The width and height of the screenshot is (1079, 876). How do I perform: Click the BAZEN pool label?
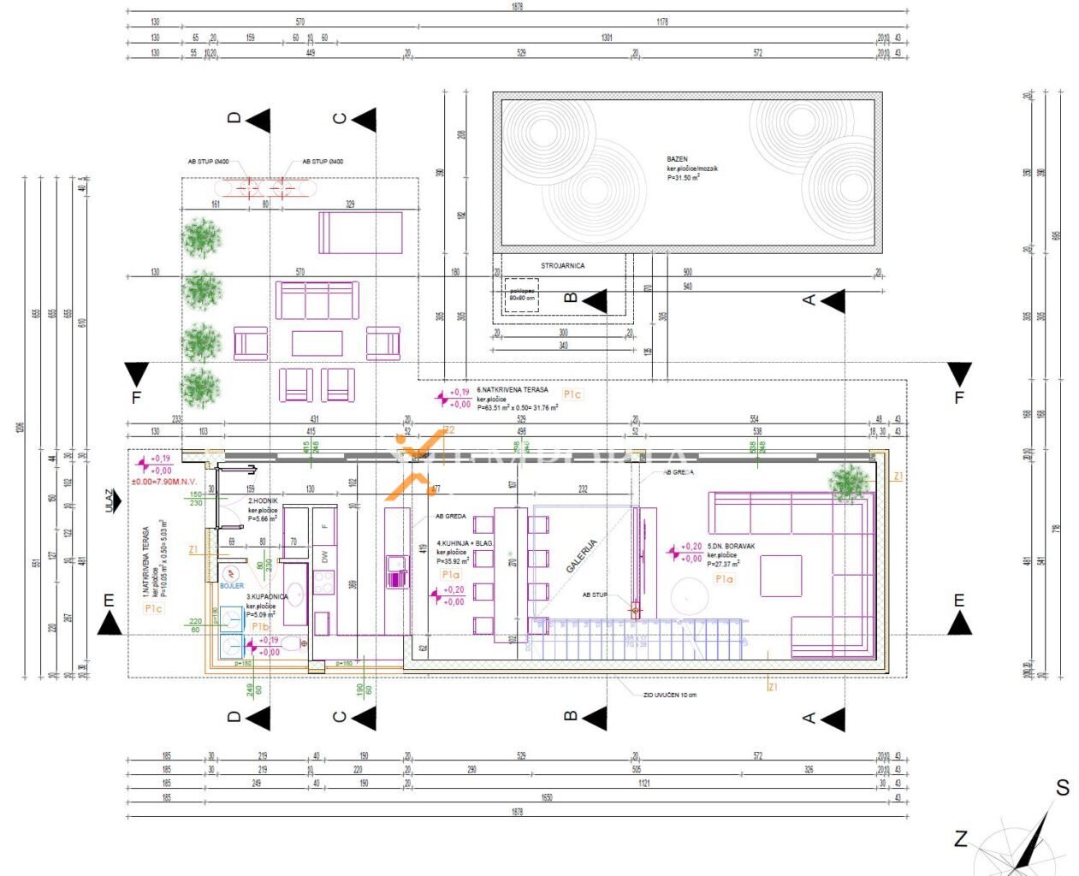pos(677,159)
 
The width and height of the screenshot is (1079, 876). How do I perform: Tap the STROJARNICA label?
pos(562,266)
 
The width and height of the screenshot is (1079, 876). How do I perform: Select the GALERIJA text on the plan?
pos(581,555)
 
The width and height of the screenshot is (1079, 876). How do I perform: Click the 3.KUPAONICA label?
pos(267,596)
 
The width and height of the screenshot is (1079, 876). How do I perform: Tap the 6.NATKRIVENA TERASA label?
pos(513,389)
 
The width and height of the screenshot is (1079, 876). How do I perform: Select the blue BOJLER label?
pos(231,586)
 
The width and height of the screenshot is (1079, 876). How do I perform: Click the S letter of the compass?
pos(1062,788)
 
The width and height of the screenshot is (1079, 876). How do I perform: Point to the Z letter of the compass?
pos(961,839)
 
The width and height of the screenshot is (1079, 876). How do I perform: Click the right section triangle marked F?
pos(959,374)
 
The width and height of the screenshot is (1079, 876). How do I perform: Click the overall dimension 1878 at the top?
pos(517,7)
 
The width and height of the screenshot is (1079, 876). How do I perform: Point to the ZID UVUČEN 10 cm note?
pos(669,695)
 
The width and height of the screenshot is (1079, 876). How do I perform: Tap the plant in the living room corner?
pos(848,482)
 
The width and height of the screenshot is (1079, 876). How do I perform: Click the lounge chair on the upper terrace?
pos(360,233)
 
